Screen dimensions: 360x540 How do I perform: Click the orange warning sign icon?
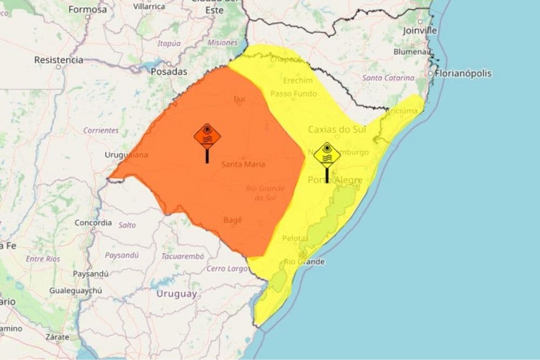(207, 136)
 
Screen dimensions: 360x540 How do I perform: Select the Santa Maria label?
(243, 164)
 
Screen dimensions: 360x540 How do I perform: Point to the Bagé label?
(233, 220)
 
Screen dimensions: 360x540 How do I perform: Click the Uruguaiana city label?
(127, 155)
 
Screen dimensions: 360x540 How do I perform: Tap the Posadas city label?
(168, 71)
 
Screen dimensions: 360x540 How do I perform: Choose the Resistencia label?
(58, 60)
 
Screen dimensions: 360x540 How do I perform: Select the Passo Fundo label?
(293, 94)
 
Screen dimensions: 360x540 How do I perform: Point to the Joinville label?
(420, 31)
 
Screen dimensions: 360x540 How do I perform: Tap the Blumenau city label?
(414, 52)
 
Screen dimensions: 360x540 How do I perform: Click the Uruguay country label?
(176, 294)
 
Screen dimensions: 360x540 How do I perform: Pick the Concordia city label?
(93, 222)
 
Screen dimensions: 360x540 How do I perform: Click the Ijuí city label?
(239, 99)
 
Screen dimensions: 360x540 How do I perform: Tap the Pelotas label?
(295, 238)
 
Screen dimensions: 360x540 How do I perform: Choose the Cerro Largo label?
(227, 268)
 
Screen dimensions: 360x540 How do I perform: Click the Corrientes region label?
(100, 131)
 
